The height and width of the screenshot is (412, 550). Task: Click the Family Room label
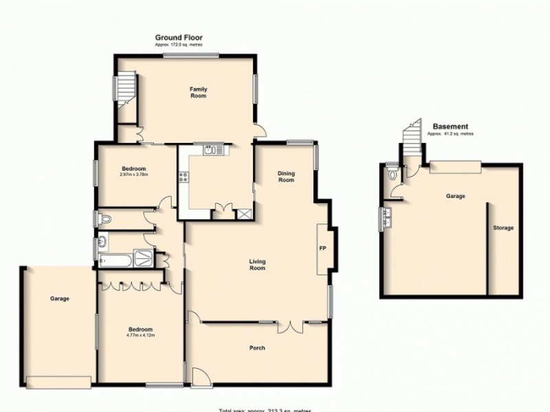coord(198,93)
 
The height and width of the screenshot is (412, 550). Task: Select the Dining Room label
coord(286,176)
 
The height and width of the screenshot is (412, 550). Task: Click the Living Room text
coord(257,264)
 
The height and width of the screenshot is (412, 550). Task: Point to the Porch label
coord(257,348)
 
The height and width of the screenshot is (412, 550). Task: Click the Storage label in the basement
coord(503,228)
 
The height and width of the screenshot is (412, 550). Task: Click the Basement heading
coord(451,127)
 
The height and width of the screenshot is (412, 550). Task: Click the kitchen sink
coord(210,150)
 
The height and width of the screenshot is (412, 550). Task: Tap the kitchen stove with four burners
coord(184,177)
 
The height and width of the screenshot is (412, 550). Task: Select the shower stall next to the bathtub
coord(144,257)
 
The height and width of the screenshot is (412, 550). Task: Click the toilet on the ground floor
coord(104,219)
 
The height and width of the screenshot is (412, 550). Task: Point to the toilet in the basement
coord(391,175)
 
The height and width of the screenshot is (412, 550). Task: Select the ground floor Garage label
coord(59,299)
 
